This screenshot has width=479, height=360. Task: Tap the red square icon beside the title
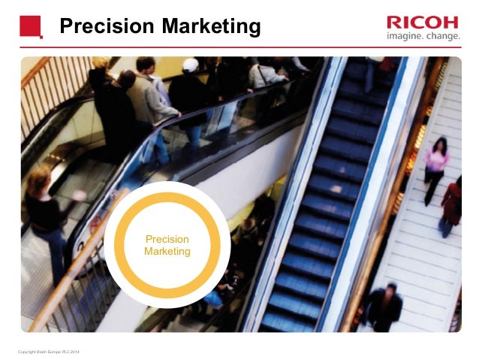pos(31,26)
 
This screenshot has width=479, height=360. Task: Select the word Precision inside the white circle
pos(167,240)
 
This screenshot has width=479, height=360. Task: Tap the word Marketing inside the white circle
pos(167,252)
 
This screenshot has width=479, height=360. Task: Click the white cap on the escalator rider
pos(191,65)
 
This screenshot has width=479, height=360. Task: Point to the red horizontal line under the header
pos(239,48)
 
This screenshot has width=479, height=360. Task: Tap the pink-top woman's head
pos(440,143)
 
